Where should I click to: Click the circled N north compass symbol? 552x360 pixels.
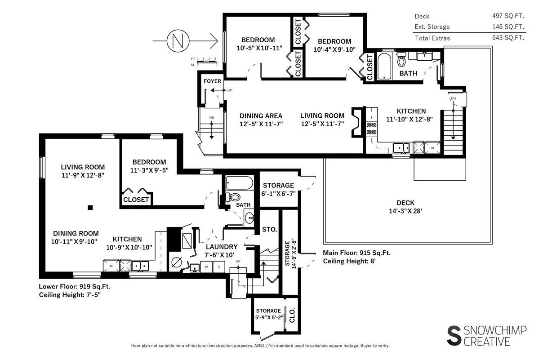pyautogui.click(x=178, y=40)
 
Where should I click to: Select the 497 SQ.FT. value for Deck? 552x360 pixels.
pyautogui.click(x=508, y=16)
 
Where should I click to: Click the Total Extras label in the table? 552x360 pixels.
pyautogui.click(x=432, y=38)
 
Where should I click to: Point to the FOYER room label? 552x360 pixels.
pyautogui.click(x=212, y=81)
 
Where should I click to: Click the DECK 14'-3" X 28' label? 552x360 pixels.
pyautogui.click(x=405, y=207)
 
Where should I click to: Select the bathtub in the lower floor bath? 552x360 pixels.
pyautogui.click(x=239, y=182)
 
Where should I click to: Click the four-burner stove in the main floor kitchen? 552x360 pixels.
pyautogui.click(x=371, y=129)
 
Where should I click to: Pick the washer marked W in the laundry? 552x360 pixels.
pyautogui.click(x=206, y=267)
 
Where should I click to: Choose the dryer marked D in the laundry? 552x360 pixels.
pyautogui.click(x=219, y=267)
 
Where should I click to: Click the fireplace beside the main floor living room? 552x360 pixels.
pyautogui.click(x=357, y=122)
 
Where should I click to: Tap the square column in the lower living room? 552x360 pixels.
pyautogui.click(x=90, y=208)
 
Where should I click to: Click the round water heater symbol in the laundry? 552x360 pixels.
pyautogui.click(x=177, y=262)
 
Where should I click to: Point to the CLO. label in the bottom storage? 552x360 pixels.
pyautogui.click(x=292, y=315)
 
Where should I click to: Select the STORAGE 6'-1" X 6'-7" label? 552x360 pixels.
pyautogui.click(x=278, y=189)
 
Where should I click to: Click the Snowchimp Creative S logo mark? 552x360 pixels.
pyautogui.click(x=454, y=335)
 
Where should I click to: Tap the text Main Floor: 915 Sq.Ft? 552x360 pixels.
pyautogui.click(x=356, y=253)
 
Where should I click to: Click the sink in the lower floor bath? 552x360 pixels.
pyautogui.click(x=249, y=218)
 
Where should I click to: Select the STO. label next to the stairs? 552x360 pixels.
pyautogui.click(x=270, y=229)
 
